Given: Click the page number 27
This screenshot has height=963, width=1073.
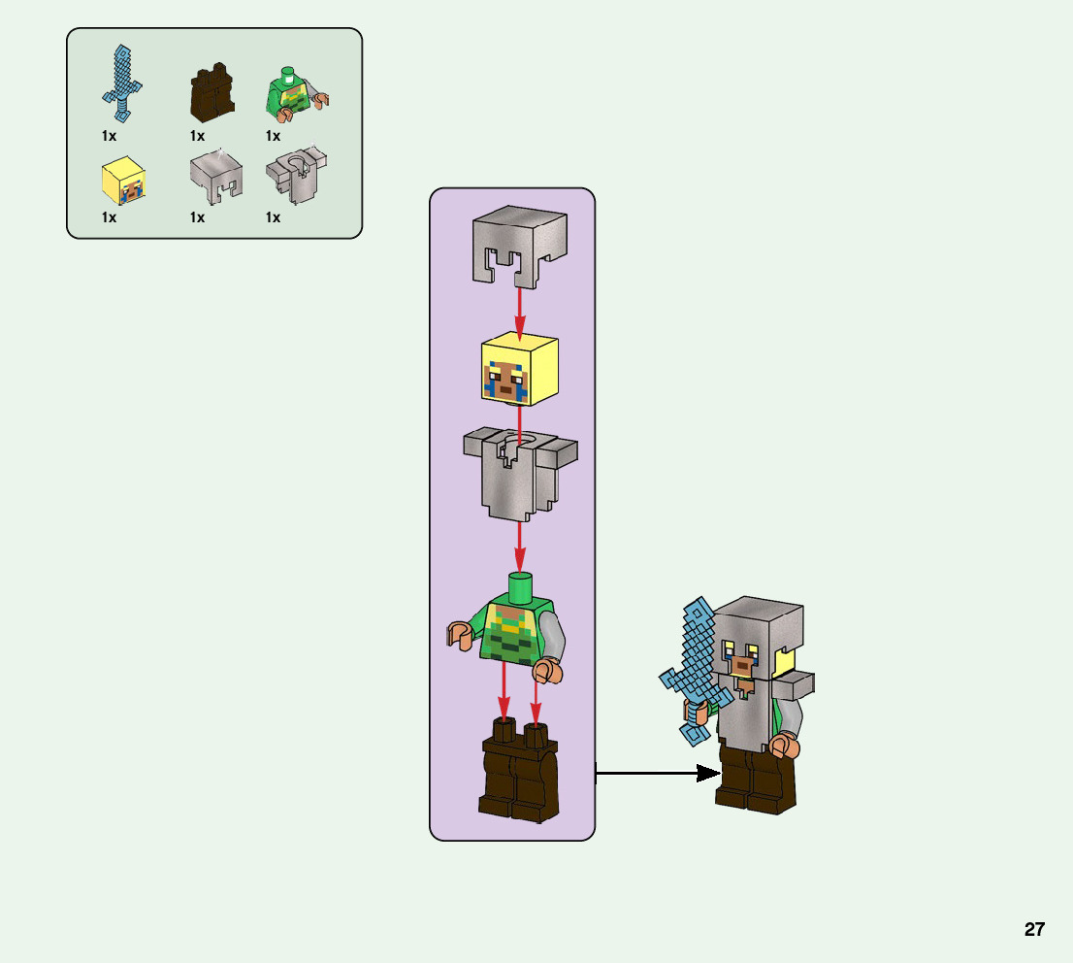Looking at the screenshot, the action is click(1034, 929).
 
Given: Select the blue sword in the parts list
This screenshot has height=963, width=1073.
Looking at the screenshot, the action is click(122, 76).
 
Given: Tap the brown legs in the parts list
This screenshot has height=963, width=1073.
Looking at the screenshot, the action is click(212, 93).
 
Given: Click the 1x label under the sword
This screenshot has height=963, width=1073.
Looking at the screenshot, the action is click(110, 137).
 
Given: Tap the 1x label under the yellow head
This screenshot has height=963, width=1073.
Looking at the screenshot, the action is click(110, 218).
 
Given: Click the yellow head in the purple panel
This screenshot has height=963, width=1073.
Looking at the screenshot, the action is click(519, 370).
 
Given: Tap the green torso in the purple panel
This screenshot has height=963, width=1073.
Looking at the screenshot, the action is click(514, 631).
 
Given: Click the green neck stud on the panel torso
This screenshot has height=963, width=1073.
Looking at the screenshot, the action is click(521, 586).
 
